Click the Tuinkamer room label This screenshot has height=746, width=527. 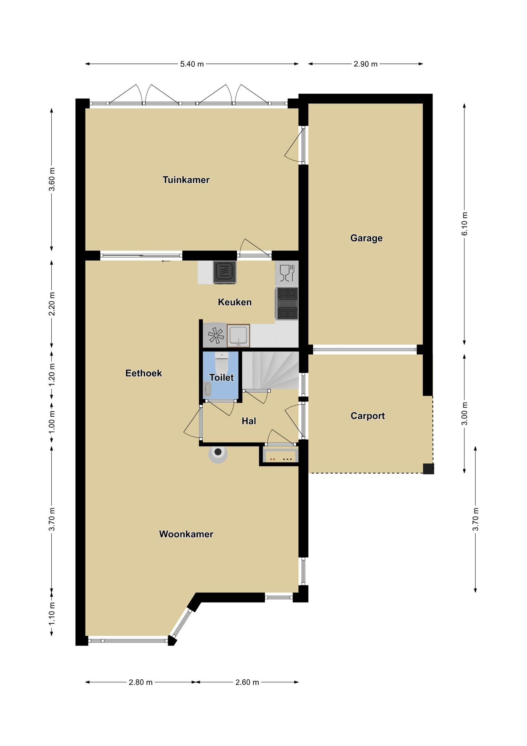[186, 180]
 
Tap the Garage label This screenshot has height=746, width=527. [366, 238]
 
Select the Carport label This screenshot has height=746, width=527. [368, 416]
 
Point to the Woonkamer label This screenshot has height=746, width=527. [186, 534]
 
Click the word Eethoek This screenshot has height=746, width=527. [143, 373]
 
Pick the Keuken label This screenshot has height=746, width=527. [235, 302]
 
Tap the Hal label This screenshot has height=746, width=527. [249, 421]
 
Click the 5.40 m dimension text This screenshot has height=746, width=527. [192, 64]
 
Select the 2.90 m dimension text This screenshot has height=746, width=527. [366, 64]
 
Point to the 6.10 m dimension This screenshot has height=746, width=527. [464, 224]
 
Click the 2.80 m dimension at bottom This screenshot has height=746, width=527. [140, 682]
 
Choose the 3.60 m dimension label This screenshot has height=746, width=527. [52, 179]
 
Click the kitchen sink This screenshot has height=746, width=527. [238, 335]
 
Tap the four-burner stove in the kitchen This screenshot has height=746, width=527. [287, 303]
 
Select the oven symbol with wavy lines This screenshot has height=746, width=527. [225, 272]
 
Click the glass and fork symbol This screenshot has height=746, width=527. [287, 273]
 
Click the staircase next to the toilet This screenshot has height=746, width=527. [270, 370]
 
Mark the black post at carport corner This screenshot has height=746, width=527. [428, 468]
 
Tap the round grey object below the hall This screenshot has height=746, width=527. [218, 454]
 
